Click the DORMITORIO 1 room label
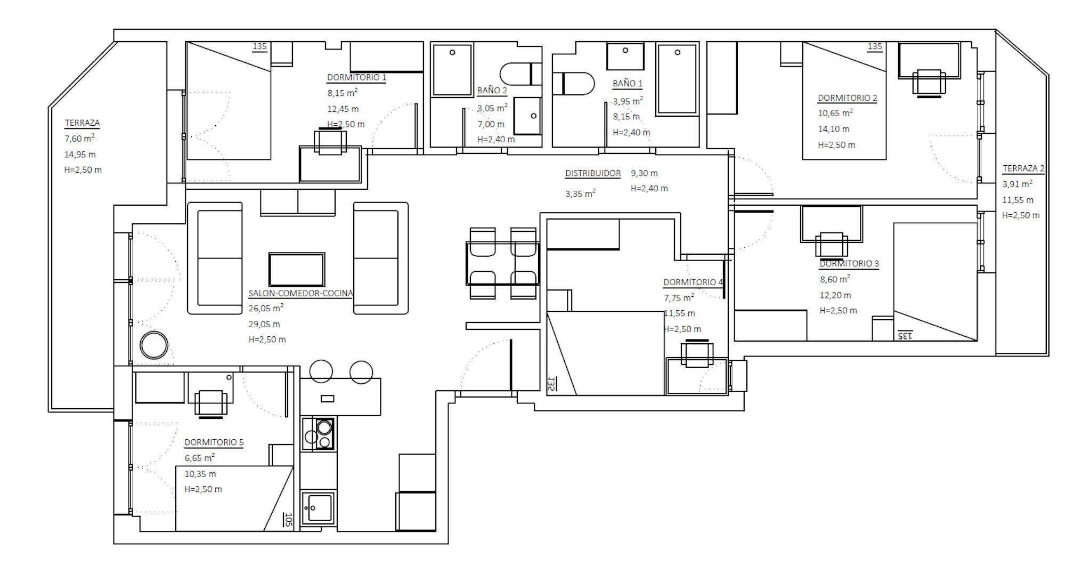(356, 77)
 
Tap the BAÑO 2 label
(492, 91)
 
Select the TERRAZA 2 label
(1023, 168)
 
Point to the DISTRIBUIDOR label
(593, 173)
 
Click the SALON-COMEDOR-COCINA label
(300, 293)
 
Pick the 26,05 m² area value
(266, 308)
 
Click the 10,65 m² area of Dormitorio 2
(835, 113)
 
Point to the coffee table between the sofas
(297, 270)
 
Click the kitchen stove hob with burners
(318, 434)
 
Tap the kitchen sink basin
(318, 508)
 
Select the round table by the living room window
(154, 345)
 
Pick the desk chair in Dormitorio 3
(832, 245)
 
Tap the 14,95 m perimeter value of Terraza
(80, 155)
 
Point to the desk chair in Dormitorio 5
(211, 403)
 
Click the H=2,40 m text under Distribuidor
(649, 188)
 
